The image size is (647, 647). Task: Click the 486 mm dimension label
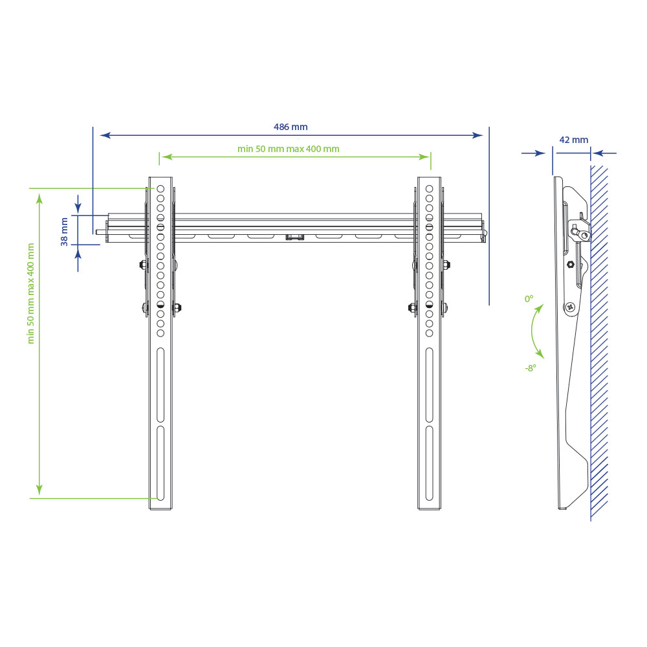(x=291, y=127)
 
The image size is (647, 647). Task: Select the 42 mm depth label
(x=573, y=140)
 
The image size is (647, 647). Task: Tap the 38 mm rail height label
(x=64, y=232)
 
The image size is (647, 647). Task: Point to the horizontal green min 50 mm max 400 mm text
(x=289, y=149)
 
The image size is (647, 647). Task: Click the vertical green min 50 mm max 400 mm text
(x=31, y=293)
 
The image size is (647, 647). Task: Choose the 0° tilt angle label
(x=529, y=299)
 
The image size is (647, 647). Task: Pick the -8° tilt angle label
(x=531, y=367)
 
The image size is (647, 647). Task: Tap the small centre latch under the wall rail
(x=294, y=237)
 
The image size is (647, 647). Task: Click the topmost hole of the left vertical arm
(x=160, y=189)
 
